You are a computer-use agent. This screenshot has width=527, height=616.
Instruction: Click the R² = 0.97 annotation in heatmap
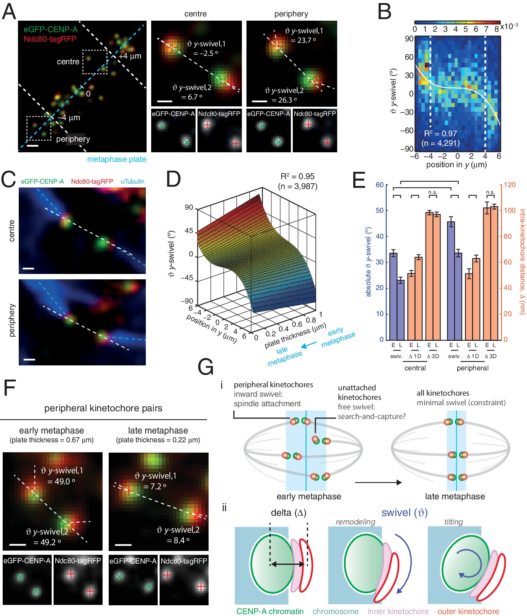(x=441, y=134)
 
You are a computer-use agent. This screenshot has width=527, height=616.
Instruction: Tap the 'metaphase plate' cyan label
(x=116, y=159)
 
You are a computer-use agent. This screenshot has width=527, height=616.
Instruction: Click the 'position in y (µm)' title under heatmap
(x=456, y=165)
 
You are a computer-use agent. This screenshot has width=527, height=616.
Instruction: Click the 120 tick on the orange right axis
(x=509, y=185)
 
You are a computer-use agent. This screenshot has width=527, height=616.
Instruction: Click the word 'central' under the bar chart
(x=415, y=368)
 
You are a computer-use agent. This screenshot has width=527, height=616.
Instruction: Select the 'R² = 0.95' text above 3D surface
(x=297, y=176)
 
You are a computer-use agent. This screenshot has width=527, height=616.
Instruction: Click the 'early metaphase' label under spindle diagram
(x=308, y=496)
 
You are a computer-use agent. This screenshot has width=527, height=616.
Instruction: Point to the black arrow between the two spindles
(x=378, y=482)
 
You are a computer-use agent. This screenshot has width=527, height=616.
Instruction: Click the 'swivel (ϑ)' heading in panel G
(x=404, y=513)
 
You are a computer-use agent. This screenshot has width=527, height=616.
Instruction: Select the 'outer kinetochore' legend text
(x=468, y=611)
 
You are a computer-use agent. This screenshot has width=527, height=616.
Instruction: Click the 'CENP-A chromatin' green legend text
(x=270, y=611)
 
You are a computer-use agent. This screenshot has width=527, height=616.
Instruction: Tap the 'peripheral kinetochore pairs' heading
(x=103, y=408)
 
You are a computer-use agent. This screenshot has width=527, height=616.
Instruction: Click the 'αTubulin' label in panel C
(x=132, y=181)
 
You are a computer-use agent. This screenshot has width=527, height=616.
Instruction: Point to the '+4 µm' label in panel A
(x=130, y=56)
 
